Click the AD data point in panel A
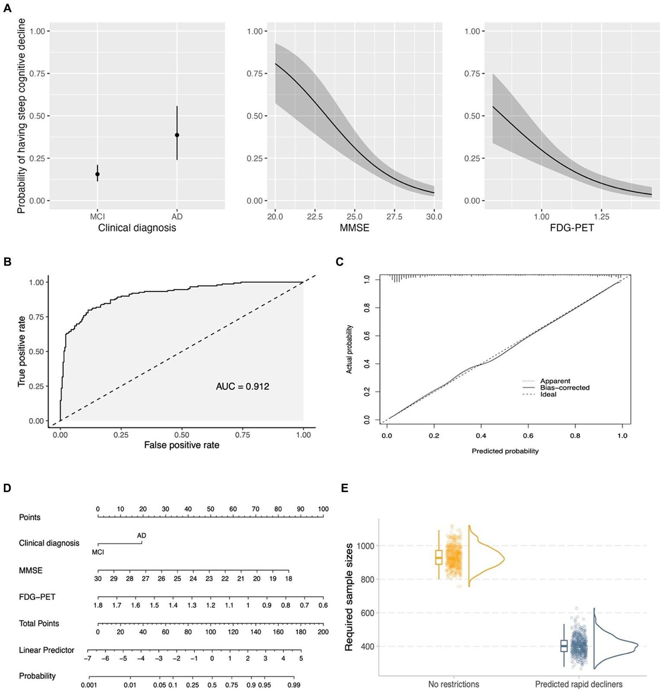pos(177,135)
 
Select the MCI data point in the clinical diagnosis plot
pos(98,174)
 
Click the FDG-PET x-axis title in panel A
pos(572,228)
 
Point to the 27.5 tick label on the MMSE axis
pos(394,217)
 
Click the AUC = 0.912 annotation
pos(242,387)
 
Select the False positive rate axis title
pos(181,445)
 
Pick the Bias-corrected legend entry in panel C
pos(565,387)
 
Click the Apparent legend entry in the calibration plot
pos(555,381)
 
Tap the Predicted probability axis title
pos(505,451)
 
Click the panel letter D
pos(7,488)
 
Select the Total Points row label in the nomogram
pos(39,623)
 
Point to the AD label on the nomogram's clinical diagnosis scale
pos(142,536)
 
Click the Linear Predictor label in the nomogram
pos(47,650)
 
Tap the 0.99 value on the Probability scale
pos(294,685)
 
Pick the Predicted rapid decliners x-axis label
pos(579,684)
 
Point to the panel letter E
pos(344,488)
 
